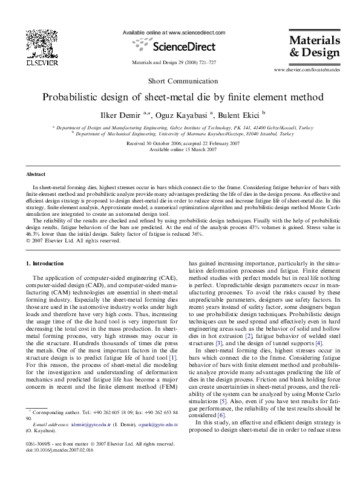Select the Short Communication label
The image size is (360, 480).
click(180, 81)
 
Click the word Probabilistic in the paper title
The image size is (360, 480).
click(71, 97)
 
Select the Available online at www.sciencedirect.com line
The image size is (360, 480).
click(174, 32)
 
